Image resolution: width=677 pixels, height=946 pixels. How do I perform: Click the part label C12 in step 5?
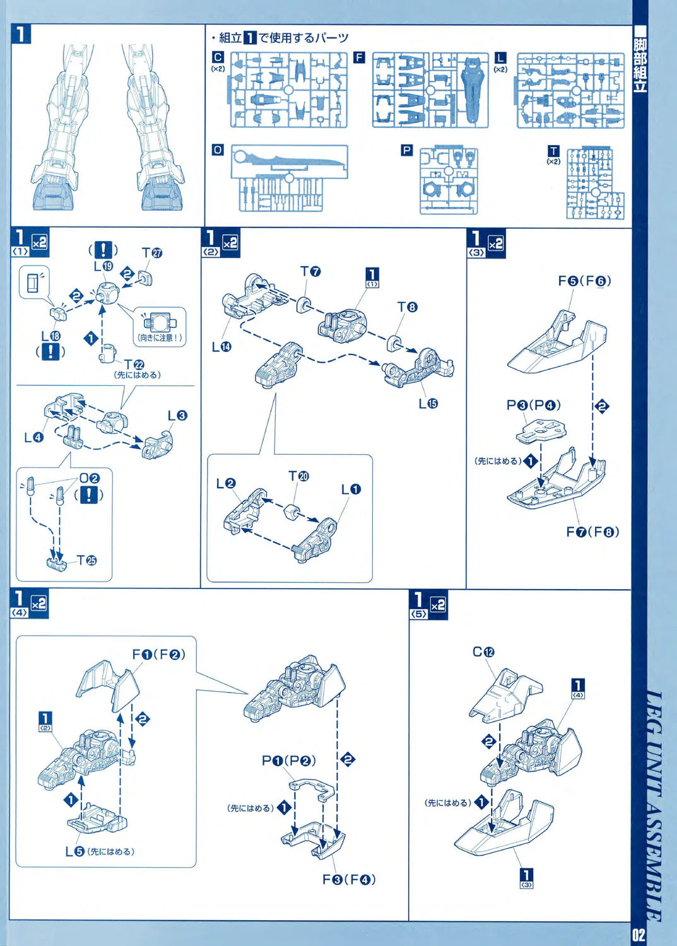point(483,652)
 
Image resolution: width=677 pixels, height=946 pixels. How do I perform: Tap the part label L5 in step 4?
point(74,851)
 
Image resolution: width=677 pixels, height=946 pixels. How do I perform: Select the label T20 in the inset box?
point(298,476)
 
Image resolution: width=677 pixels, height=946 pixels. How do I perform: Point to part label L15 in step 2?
point(428,404)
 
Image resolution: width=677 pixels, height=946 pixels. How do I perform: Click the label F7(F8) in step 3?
point(592,532)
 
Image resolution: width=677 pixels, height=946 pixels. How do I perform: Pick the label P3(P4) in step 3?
point(533,405)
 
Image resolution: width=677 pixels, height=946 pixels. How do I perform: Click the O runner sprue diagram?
point(290,178)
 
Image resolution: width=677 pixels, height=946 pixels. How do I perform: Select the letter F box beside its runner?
point(359,57)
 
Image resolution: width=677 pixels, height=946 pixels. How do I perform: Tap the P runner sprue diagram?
point(449,181)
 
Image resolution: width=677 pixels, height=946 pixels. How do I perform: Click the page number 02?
point(639,934)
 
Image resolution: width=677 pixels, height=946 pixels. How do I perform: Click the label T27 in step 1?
point(152,253)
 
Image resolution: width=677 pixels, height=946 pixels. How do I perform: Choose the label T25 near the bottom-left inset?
point(86,560)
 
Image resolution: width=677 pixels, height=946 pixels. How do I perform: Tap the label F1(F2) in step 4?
point(158,655)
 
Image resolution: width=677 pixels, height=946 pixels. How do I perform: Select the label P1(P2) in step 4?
point(289,761)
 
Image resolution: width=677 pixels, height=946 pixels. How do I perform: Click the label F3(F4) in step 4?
point(349,879)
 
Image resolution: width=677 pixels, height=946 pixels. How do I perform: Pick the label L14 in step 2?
point(221,347)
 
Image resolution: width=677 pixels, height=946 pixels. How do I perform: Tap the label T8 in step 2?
point(407,307)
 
